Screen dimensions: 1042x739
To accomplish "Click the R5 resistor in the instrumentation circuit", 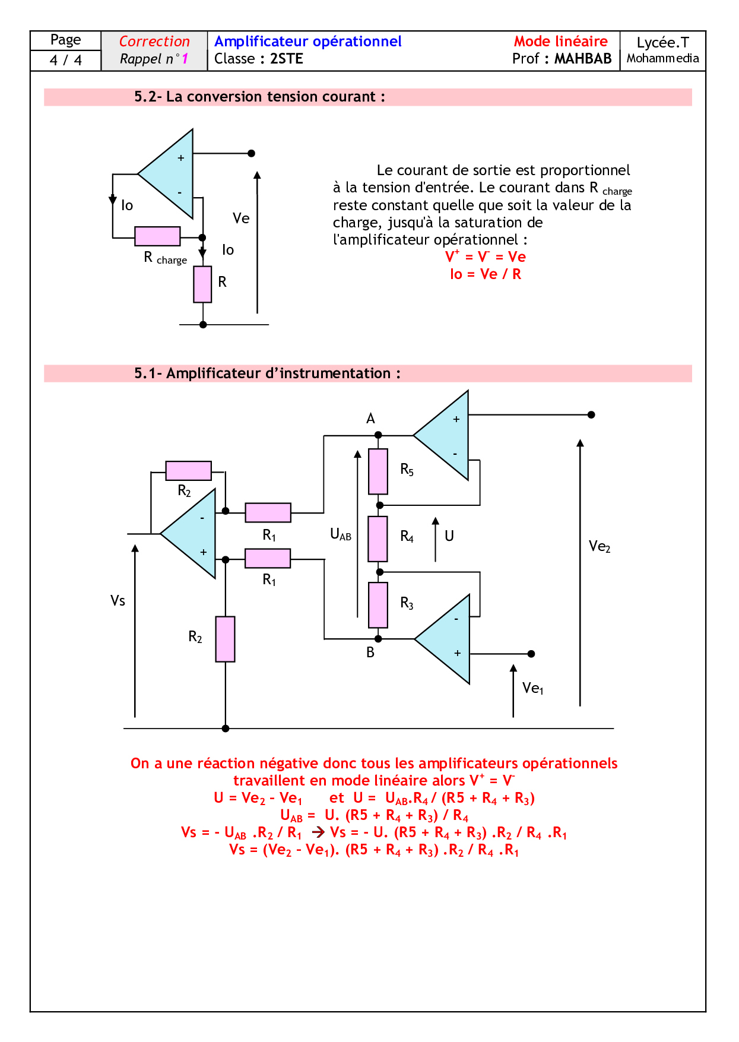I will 378,471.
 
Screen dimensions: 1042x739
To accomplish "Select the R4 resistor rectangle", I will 378,539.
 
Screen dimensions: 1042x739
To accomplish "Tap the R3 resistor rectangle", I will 378,605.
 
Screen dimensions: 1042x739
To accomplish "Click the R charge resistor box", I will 157,236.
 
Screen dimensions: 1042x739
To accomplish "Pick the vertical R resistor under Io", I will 202,284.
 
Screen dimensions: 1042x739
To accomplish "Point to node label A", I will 370,419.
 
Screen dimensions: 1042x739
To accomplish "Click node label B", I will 370,653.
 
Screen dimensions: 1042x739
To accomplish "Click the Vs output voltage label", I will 118,601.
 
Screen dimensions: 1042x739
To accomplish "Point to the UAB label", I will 341,534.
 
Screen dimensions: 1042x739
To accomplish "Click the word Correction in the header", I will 154,42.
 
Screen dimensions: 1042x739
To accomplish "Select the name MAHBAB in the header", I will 583,59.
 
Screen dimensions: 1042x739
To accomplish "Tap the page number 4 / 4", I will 65,60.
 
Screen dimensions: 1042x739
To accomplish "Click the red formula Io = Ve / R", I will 486,274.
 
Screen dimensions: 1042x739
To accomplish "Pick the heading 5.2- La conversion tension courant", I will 259,97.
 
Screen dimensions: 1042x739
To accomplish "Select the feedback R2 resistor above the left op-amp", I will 188,471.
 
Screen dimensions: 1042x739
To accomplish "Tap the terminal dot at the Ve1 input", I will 531,654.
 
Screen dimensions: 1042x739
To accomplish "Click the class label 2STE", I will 287,59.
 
